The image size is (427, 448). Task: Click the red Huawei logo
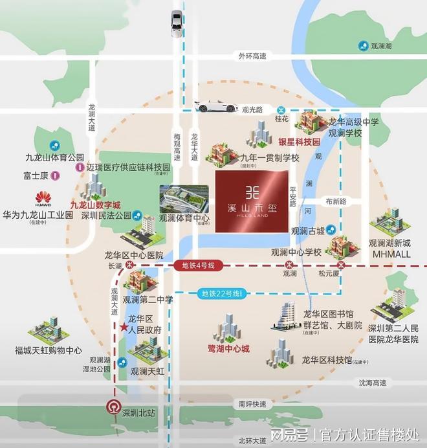43,197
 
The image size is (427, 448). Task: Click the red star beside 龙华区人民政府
122,328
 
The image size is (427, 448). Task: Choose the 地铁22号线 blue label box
221,295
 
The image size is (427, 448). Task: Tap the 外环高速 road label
252,56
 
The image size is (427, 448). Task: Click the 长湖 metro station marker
130,265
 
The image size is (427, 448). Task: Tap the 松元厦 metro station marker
340,265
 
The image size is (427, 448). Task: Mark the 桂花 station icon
281,110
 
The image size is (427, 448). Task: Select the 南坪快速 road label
252,404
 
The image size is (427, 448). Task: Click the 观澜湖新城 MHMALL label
391,249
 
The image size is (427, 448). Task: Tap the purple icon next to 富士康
56,174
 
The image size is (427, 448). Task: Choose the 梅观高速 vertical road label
177,144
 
